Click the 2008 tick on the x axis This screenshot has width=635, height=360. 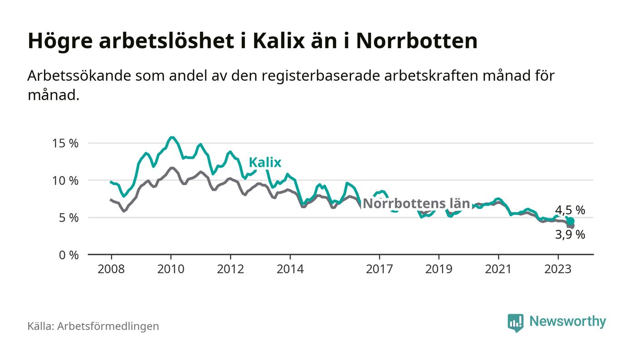(x=111, y=269)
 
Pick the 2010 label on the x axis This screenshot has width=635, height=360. (x=171, y=269)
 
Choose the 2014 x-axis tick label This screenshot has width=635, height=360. (x=290, y=269)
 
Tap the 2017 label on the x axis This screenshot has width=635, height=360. (x=379, y=269)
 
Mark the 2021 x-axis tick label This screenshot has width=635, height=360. (x=498, y=269)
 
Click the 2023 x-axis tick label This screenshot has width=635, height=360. (x=558, y=269)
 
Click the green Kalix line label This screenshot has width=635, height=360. (x=265, y=163)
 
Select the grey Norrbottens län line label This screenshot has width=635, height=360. (x=416, y=204)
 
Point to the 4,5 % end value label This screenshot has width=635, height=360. (x=570, y=210)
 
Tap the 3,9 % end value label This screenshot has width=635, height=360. (x=570, y=235)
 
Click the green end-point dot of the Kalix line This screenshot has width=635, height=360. (x=571, y=221)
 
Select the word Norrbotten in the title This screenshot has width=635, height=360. (x=416, y=41)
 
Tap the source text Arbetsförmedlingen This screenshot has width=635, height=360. (x=108, y=326)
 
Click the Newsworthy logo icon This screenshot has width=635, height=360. (x=515, y=322)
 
